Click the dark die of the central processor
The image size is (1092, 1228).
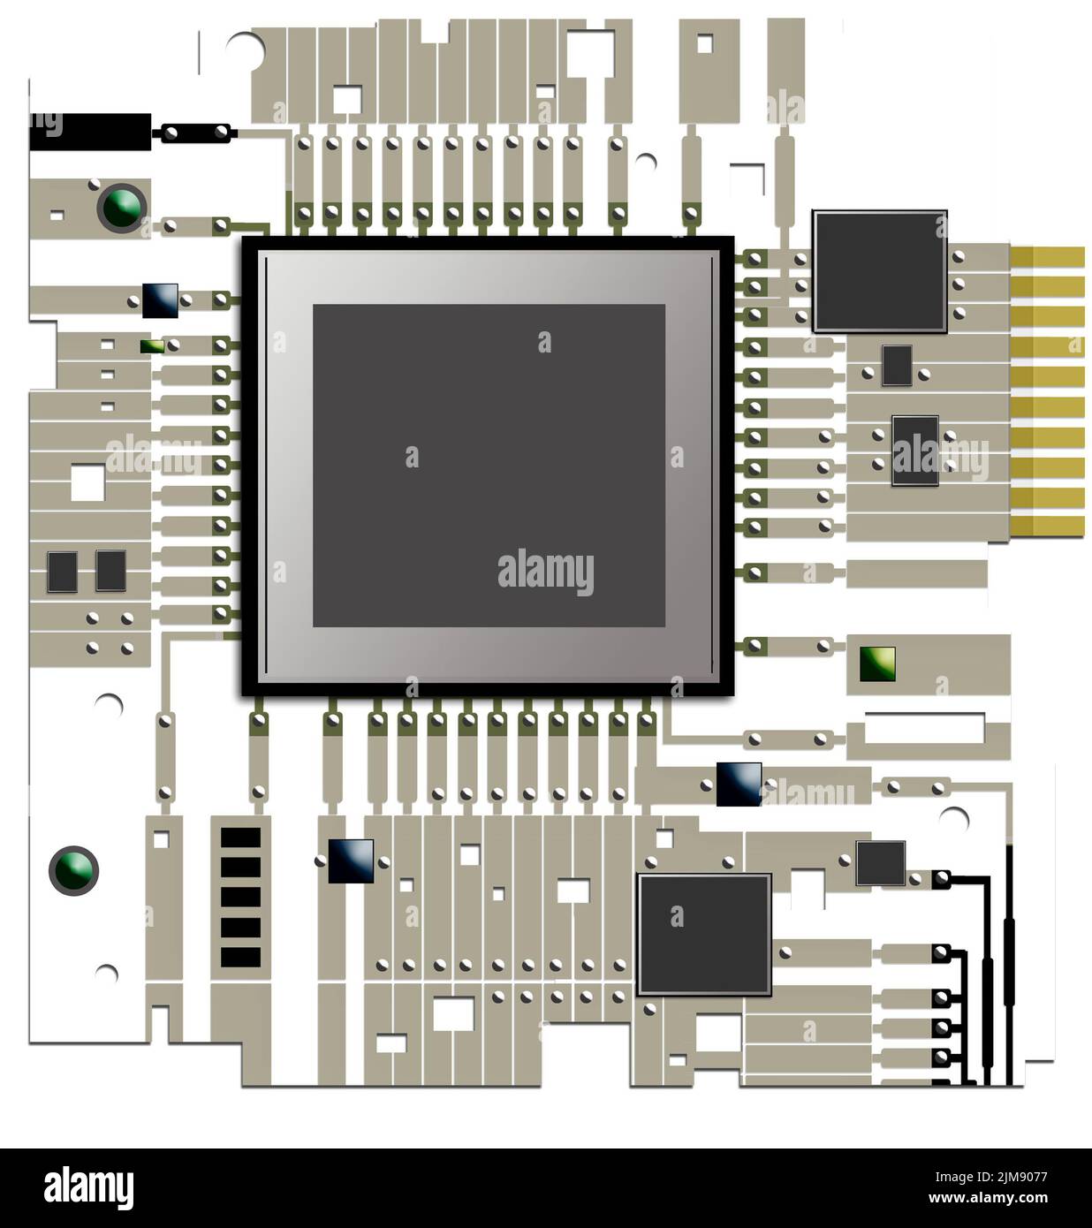click(x=489, y=466)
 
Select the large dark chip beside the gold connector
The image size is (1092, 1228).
click(x=879, y=271)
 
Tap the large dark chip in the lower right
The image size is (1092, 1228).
click(x=704, y=934)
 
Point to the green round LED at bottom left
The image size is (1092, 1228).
click(x=73, y=870)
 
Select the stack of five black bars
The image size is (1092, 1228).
click(x=240, y=897)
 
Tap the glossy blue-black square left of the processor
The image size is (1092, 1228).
click(x=160, y=300)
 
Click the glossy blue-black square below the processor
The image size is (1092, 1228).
click(x=351, y=860)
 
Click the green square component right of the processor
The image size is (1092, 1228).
click(x=877, y=663)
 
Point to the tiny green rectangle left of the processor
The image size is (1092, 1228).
click(x=152, y=345)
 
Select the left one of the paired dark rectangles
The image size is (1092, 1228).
click(x=63, y=571)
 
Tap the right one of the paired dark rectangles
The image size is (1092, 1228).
click(x=111, y=571)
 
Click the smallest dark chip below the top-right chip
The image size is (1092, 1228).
click(x=897, y=365)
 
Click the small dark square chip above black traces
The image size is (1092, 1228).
click(x=881, y=863)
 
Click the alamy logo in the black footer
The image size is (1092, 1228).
click(x=88, y=1187)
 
